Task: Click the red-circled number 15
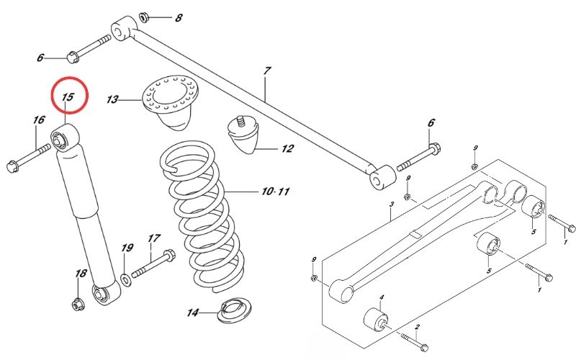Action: [x=68, y=97]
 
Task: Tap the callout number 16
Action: [x=39, y=120]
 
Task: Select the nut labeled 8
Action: [x=143, y=17]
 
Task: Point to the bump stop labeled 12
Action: [x=243, y=135]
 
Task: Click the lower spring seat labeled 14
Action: [x=235, y=310]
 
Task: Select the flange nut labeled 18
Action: [x=77, y=304]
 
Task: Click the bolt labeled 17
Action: [x=153, y=264]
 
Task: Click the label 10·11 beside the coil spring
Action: [x=276, y=192]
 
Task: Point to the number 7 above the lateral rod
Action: [x=267, y=71]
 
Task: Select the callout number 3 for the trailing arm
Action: [x=392, y=204]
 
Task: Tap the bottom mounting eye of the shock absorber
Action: [x=107, y=294]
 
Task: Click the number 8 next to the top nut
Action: [x=179, y=17]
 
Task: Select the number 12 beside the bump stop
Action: [x=287, y=148]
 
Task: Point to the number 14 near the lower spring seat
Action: [x=193, y=312]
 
